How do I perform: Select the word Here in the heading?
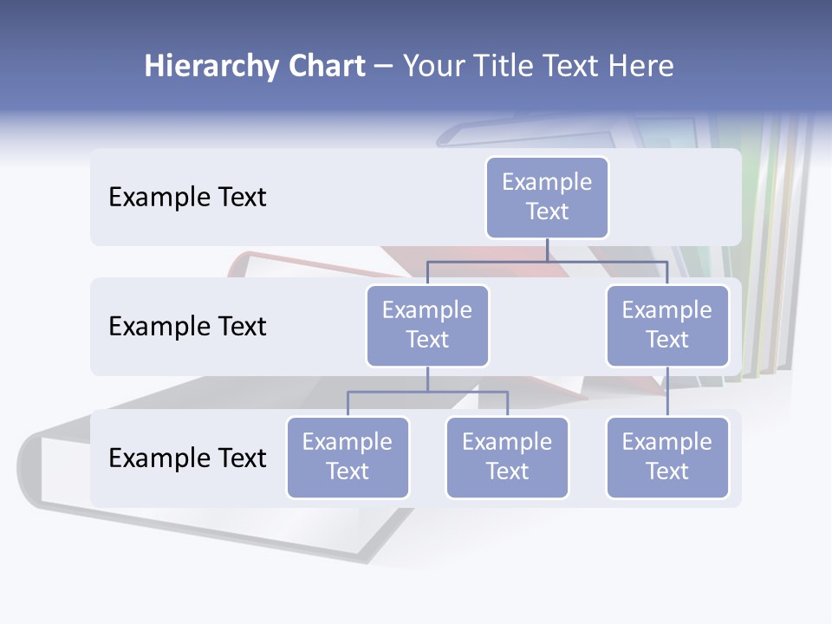[x=641, y=67]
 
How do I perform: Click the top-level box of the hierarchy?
[x=547, y=197]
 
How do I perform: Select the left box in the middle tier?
[x=427, y=325]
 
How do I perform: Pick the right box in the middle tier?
[x=667, y=325]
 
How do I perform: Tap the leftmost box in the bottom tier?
[x=348, y=457]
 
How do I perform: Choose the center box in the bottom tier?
[x=507, y=457]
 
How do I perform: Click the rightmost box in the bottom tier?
[x=667, y=457]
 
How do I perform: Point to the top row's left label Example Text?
[x=187, y=198]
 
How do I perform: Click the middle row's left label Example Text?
[x=187, y=327]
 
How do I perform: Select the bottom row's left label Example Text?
[x=187, y=458]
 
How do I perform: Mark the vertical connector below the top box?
[x=547, y=250]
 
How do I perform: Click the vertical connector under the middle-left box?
[x=427, y=379]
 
